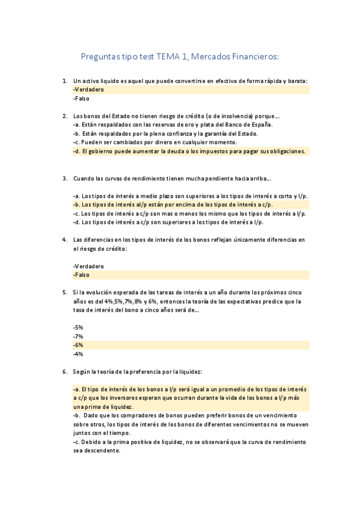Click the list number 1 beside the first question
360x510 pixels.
[x=64, y=81]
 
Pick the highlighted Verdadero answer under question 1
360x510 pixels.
[x=88, y=90]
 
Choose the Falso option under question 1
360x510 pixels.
[x=81, y=99]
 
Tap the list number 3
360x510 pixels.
[x=64, y=179]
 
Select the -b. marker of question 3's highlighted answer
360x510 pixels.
[x=76, y=204]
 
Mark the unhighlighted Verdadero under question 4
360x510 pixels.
[x=88, y=266]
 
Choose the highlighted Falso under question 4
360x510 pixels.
[x=81, y=275]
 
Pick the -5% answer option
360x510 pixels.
[x=78, y=327]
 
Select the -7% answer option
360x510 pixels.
[x=78, y=336]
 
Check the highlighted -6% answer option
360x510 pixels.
[x=78, y=345]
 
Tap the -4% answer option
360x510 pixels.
[x=78, y=354]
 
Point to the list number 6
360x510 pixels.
[x=64, y=372]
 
